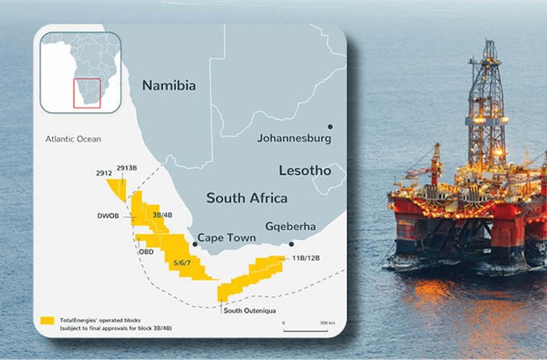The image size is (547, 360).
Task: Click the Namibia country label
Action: pos(168,85)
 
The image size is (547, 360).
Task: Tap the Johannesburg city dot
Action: pos(330,125)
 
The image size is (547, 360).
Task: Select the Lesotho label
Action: pos(305,170)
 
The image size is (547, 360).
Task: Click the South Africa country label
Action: pos(246,198)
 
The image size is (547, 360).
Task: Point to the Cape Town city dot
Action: pos(195,244)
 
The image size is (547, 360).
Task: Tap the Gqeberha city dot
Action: pos(291,243)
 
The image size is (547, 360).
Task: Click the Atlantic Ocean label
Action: pos(73,139)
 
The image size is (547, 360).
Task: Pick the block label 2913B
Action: pos(127,168)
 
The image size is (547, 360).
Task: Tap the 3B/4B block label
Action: pos(162,214)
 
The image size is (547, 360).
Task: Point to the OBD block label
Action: pos(146,252)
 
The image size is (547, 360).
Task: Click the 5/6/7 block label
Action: pos(185,263)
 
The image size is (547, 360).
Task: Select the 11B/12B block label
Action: pos(306,257)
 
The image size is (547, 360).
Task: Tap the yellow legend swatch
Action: pos(47,320)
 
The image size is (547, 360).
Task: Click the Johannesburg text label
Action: pos(294,138)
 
